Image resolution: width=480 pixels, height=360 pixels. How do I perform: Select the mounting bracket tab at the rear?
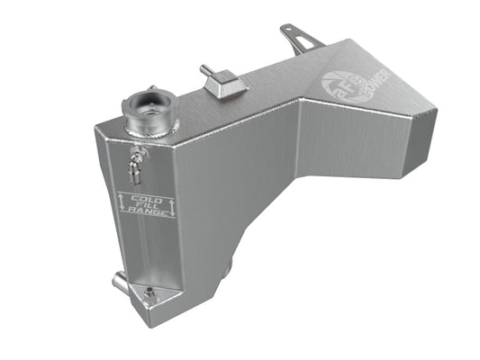[300, 40]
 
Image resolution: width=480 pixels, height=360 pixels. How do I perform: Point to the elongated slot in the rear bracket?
[306, 43]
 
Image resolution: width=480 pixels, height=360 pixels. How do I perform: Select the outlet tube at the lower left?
[120, 283]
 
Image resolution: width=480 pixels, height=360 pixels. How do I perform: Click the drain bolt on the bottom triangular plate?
[149, 294]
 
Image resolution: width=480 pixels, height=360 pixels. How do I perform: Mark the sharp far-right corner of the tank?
[436, 115]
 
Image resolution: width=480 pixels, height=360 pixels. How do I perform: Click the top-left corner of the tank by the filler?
[93, 136]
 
